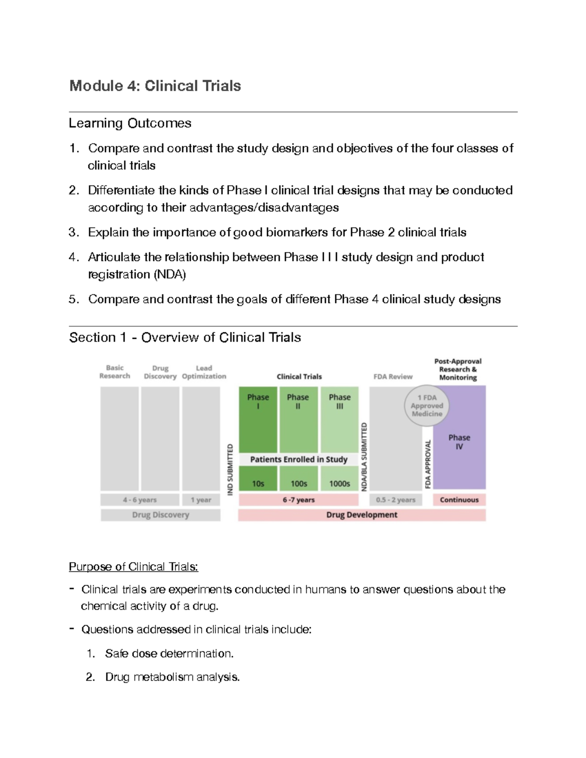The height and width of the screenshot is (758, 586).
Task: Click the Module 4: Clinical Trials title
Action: (x=155, y=86)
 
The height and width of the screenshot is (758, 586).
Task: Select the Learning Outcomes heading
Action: (x=130, y=123)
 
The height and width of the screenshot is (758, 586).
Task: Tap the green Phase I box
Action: (x=258, y=419)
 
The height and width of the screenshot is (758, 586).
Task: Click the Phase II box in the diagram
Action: (x=298, y=419)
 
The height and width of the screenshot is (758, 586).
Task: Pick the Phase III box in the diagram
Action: (x=339, y=419)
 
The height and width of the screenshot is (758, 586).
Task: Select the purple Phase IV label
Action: (x=459, y=442)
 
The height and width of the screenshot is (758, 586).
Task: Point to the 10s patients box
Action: (x=258, y=483)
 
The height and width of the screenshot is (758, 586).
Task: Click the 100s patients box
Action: (x=298, y=483)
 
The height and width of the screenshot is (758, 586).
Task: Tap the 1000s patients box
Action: (x=339, y=483)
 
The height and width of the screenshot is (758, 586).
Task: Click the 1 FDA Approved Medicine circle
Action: (x=427, y=406)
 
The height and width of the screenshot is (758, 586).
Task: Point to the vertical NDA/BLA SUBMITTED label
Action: (x=364, y=456)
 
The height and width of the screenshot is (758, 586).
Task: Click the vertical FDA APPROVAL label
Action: (x=428, y=464)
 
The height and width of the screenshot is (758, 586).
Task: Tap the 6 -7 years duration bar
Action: (x=298, y=500)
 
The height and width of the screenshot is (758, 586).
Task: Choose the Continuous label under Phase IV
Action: (x=459, y=500)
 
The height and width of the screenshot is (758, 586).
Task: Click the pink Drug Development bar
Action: (x=361, y=515)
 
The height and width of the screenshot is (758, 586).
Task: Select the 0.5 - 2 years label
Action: (x=396, y=500)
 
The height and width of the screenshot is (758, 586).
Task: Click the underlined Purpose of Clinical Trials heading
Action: (x=133, y=567)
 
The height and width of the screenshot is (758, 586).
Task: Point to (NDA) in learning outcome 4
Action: (x=169, y=274)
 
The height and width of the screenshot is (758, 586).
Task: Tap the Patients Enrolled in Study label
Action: (x=298, y=459)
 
